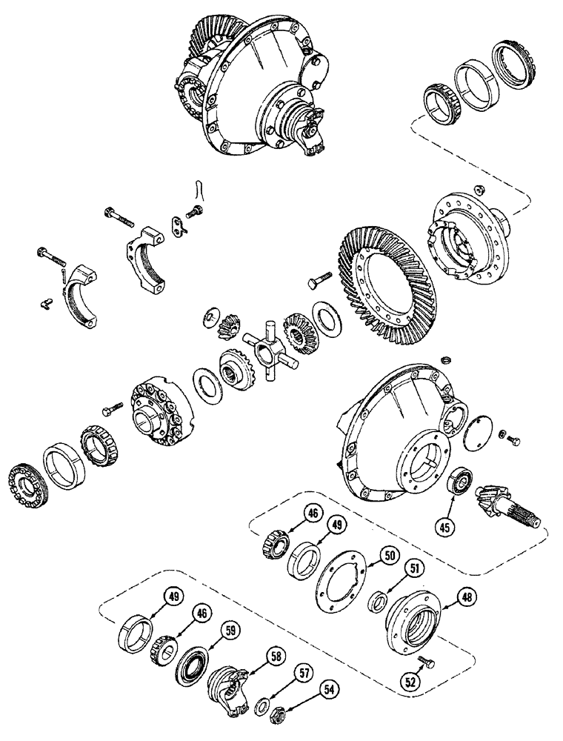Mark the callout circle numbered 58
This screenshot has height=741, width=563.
277,656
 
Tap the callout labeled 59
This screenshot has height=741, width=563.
232,631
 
